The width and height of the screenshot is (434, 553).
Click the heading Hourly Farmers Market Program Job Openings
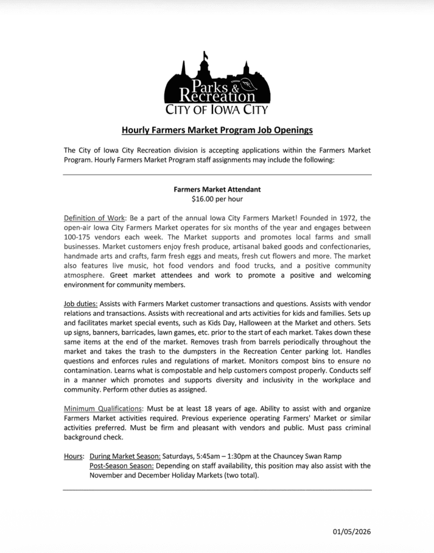click(217, 130)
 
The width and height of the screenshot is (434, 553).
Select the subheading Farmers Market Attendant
click(217, 190)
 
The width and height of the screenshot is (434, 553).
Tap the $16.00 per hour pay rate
click(217, 199)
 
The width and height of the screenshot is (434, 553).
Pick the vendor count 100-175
click(78, 238)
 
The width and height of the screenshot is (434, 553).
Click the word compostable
click(166, 372)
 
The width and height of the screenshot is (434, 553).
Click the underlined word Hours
click(74, 456)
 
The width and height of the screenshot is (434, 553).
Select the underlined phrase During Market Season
click(125, 456)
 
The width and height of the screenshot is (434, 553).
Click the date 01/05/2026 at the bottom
click(352, 531)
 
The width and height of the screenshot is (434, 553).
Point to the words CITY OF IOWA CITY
click(216, 111)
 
